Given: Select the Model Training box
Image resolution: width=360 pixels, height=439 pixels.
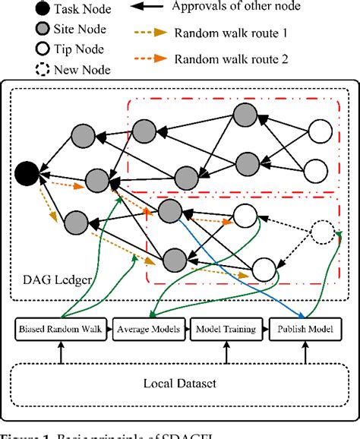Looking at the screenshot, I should [x=225, y=329].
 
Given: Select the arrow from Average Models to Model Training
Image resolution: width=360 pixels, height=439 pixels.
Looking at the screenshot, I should [x=189, y=329].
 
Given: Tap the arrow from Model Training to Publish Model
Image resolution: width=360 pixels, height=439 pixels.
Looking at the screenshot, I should [x=262, y=329].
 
